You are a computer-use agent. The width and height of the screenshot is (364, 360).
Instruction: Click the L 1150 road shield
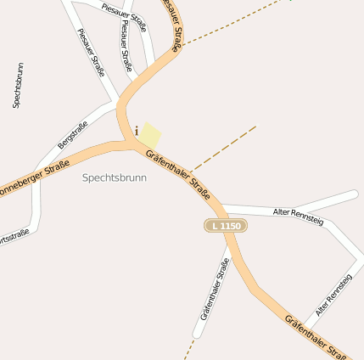[225, 226]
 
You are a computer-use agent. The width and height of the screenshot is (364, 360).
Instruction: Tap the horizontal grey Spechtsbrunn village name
[115, 178]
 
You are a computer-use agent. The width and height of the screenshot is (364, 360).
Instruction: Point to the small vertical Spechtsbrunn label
[18, 85]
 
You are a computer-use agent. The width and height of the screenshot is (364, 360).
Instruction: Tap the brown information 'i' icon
[137, 131]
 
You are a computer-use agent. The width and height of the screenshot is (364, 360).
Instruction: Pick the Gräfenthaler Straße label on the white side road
[216, 289]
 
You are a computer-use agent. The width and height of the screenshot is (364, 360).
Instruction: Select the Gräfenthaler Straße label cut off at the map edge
[316, 336]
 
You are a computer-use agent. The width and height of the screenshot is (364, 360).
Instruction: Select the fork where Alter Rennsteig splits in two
[326, 217]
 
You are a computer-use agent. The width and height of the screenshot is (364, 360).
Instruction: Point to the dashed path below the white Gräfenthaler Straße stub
[189, 349]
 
